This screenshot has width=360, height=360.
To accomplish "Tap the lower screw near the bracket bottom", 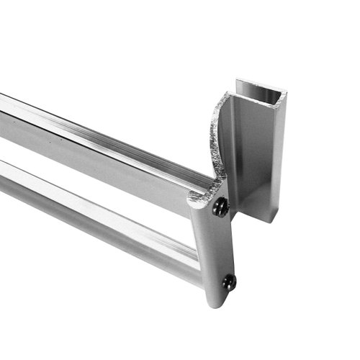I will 229,282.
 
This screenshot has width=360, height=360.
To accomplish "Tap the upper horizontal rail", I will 94,144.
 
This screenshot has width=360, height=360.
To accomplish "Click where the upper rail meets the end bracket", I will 193,189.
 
